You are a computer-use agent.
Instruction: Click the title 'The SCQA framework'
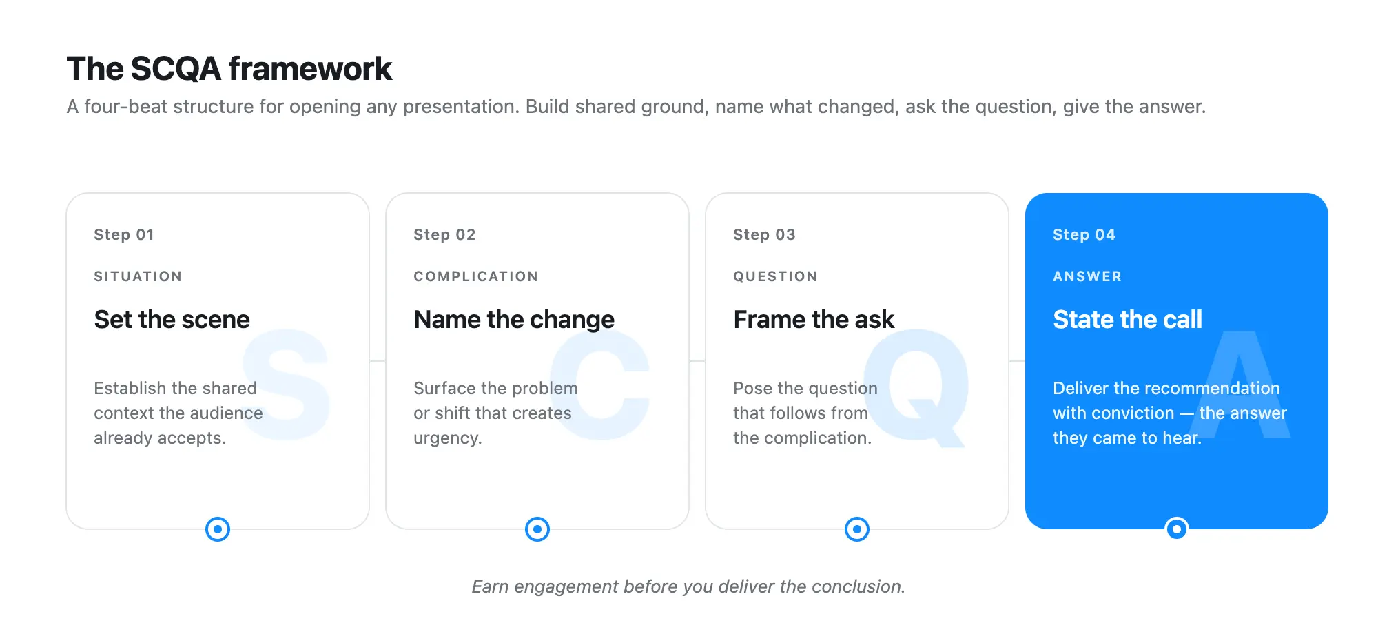click(x=229, y=69)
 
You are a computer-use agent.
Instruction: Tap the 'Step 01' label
click(x=124, y=234)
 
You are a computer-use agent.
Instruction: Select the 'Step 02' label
click(x=444, y=234)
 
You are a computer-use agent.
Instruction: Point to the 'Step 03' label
click(x=764, y=234)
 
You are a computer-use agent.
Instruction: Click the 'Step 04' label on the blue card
click(x=1084, y=234)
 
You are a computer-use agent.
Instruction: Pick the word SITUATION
click(x=138, y=276)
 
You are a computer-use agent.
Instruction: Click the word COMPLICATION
click(x=475, y=276)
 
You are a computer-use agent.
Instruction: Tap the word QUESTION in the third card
click(x=775, y=276)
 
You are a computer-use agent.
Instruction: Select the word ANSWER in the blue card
click(x=1087, y=276)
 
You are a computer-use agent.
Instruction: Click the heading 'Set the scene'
click(x=172, y=320)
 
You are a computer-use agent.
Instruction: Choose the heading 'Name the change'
click(x=514, y=320)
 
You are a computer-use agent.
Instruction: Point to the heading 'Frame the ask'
click(x=814, y=320)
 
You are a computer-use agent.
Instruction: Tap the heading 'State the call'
click(x=1127, y=320)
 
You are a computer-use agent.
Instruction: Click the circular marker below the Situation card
click(x=218, y=529)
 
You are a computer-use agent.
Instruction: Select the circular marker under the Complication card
click(x=537, y=529)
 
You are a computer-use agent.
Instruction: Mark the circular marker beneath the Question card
click(x=857, y=529)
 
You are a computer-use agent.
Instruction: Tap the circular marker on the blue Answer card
click(x=1177, y=529)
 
